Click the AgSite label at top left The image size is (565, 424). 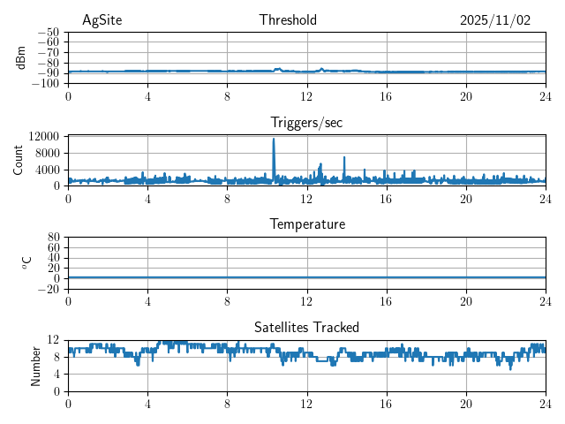pyautogui.click(x=102, y=20)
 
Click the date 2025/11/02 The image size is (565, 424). pyautogui.click(x=495, y=20)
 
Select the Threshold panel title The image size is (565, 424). pyautogui.click(x=288, y=20)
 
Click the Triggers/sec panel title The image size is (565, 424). pyautogui.click(x=306, y=123)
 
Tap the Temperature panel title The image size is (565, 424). pyautogui.click(x=307, y=224)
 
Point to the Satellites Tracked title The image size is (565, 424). pyautogui.click(x=306, y=328)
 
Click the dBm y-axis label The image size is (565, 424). pyautogui.click(x=21, y=57)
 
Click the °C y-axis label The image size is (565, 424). pyautogui.click(x=26, y=262)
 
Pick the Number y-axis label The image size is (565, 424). pyautogui.click(x=36, y=365)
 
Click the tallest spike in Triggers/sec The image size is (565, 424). pyautogui.click(x=274, y=140)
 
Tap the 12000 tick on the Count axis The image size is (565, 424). pyautogui.click(x=43, y=137)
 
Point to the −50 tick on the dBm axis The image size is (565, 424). pyautogui.click(x=49, y=32)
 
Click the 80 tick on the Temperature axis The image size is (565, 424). pyautogui.click(x=53, y=238)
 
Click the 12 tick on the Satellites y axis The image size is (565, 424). pyautogui.click(x=53, y=340)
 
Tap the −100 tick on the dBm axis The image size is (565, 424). pyautogui.click(x=46, y=83)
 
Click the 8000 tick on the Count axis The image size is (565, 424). pyautogui.click(x=47, y=153)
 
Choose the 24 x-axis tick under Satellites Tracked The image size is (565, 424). pyautogui.click(x=545, y=403)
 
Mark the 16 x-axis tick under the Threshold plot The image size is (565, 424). pyautogui.click(x=387, y=95)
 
